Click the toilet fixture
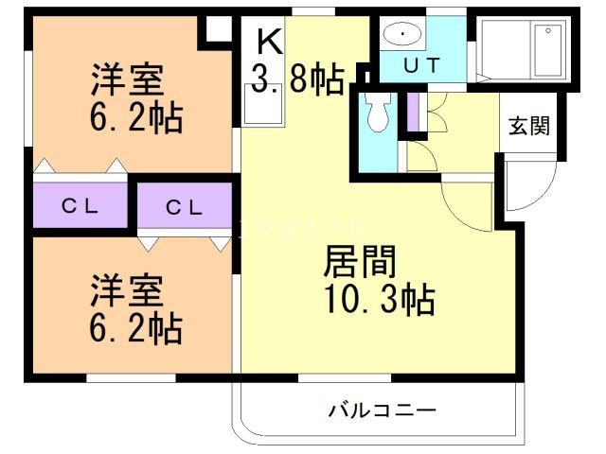click(x=377, y=113)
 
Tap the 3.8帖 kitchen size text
click(x=296, y=80)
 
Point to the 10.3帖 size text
click(x=372, y=301)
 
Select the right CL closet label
click(x=184, y=207)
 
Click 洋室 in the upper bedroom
click(x=128, y=78)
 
